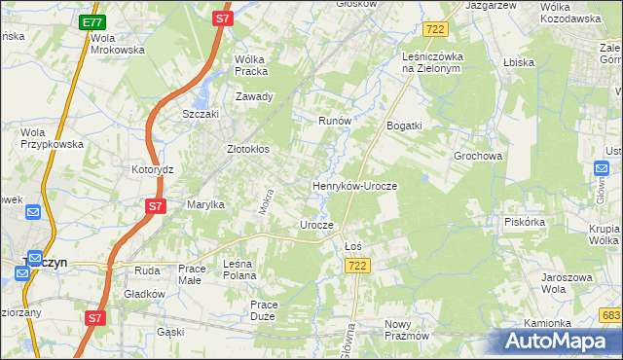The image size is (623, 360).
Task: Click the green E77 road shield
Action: tap(92, 21)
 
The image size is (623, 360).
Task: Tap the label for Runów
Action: tap(335, 121)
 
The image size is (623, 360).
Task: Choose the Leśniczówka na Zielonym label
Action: tap(436, 62)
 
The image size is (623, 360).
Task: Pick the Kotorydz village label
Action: tap(152, 168)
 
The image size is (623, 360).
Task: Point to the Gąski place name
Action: tap(170, 332)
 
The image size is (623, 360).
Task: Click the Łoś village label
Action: tap(353, 246)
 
